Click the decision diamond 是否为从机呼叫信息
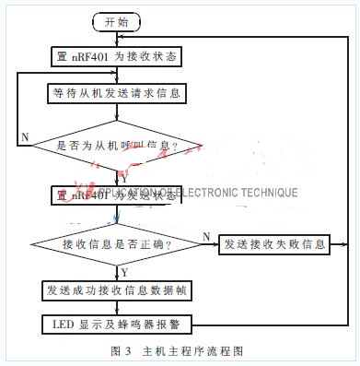[118, 145]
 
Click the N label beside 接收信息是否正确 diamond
[204, 236]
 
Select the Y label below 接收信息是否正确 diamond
[124, 271]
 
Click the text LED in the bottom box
[57, 324]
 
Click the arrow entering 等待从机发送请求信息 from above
[118, 77]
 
